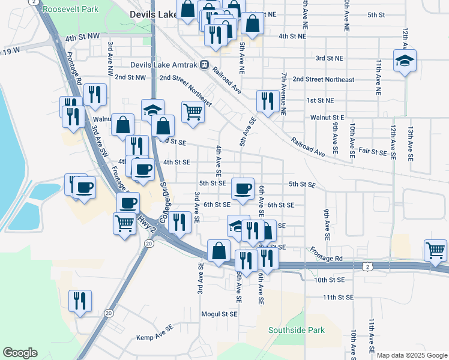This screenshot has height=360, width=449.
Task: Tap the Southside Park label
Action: (296, 330)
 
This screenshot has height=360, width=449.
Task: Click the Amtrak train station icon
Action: (205, 64)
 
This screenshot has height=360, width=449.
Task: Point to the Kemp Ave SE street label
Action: (155, 338)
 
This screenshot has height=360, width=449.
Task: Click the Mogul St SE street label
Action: (220, 314)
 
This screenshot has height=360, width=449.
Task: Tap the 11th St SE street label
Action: (341, 298)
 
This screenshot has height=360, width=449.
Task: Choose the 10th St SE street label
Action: (330, 280)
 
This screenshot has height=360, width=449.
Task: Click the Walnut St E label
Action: (327, 118)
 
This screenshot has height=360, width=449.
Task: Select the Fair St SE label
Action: (373, 152)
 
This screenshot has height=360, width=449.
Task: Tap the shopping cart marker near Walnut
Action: (193, 112)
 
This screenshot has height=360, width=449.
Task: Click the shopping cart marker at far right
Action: (435, 249)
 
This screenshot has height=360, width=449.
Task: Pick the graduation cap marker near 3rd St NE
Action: (405, 61)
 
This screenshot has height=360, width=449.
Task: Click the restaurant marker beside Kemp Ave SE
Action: (80, 301)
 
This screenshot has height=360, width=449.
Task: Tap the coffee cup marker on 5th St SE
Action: (243, 189)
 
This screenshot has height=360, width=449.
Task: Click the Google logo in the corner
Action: (20, 353)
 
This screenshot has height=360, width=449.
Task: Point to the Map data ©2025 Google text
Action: (412, 355)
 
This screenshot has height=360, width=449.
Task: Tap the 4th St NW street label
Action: (82, 37)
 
